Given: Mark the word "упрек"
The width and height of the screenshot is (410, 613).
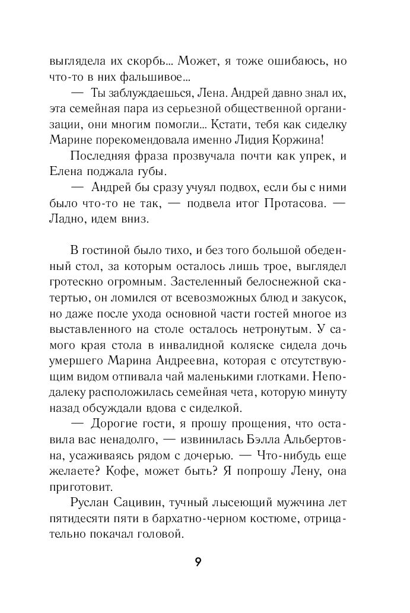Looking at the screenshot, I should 305,155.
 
